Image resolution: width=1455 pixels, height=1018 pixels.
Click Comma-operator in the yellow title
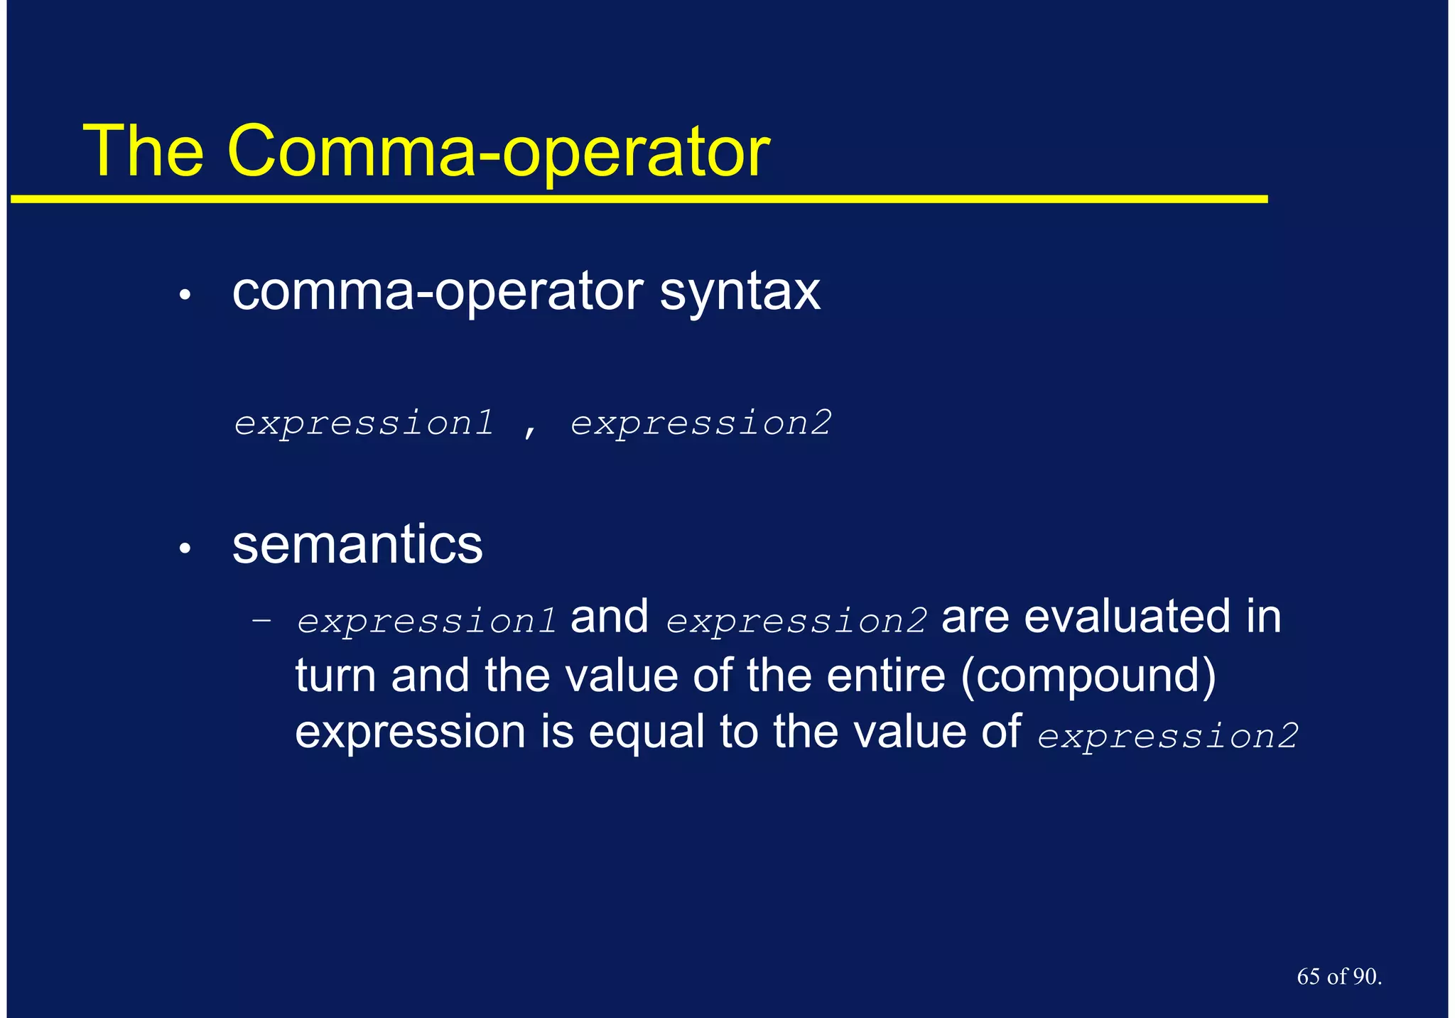[497, 151]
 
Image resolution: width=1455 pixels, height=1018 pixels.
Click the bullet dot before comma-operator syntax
[185, 295]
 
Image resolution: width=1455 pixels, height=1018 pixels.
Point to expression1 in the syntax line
[364, 423]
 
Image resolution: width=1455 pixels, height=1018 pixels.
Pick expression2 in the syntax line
[701, 423]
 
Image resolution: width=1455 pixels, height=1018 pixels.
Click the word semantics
[357, 545]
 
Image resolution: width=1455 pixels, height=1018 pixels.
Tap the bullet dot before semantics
[185, 548]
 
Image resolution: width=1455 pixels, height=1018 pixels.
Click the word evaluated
[1127, 617]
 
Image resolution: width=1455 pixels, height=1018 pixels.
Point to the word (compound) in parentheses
[1088, 675]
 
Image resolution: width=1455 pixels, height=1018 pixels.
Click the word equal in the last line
[646, 733]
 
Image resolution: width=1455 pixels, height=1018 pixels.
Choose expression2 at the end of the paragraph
[1167, 736]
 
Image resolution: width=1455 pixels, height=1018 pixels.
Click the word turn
[335, 675]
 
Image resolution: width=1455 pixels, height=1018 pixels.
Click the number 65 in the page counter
[1308, 977]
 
